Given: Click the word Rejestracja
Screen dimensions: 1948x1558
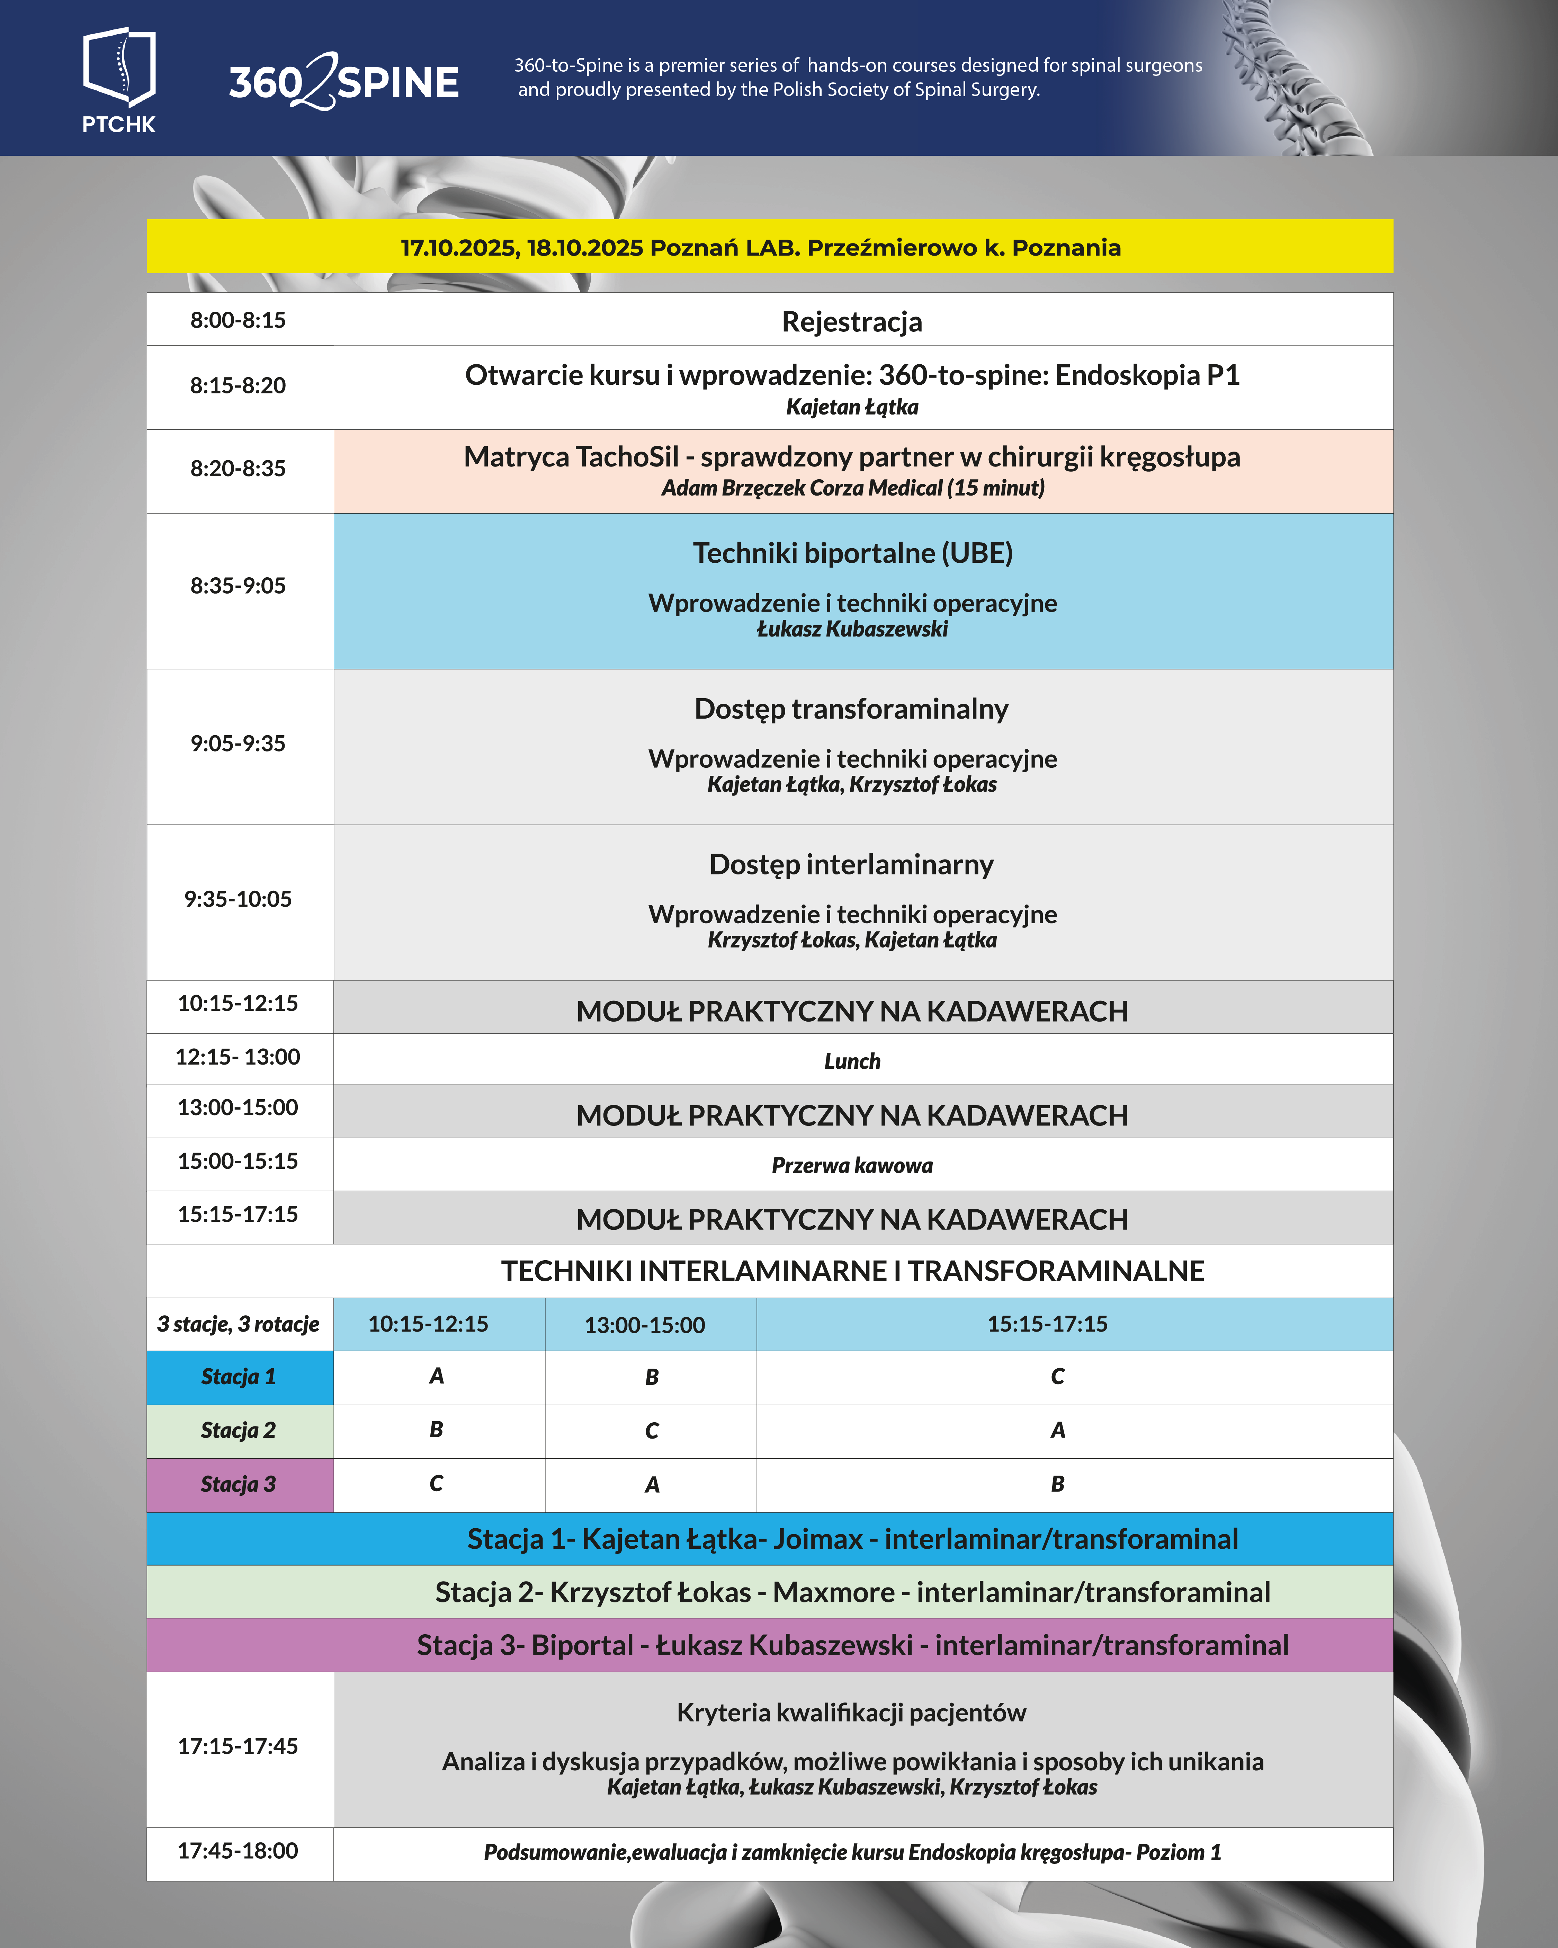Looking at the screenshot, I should (x=852, y=322).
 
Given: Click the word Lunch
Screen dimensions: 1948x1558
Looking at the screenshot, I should (x=852, y=1062).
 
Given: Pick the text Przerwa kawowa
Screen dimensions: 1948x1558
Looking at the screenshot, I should (x=852, y=1166).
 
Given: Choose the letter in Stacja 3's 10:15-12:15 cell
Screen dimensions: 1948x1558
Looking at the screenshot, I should (x=436, y=1484).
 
